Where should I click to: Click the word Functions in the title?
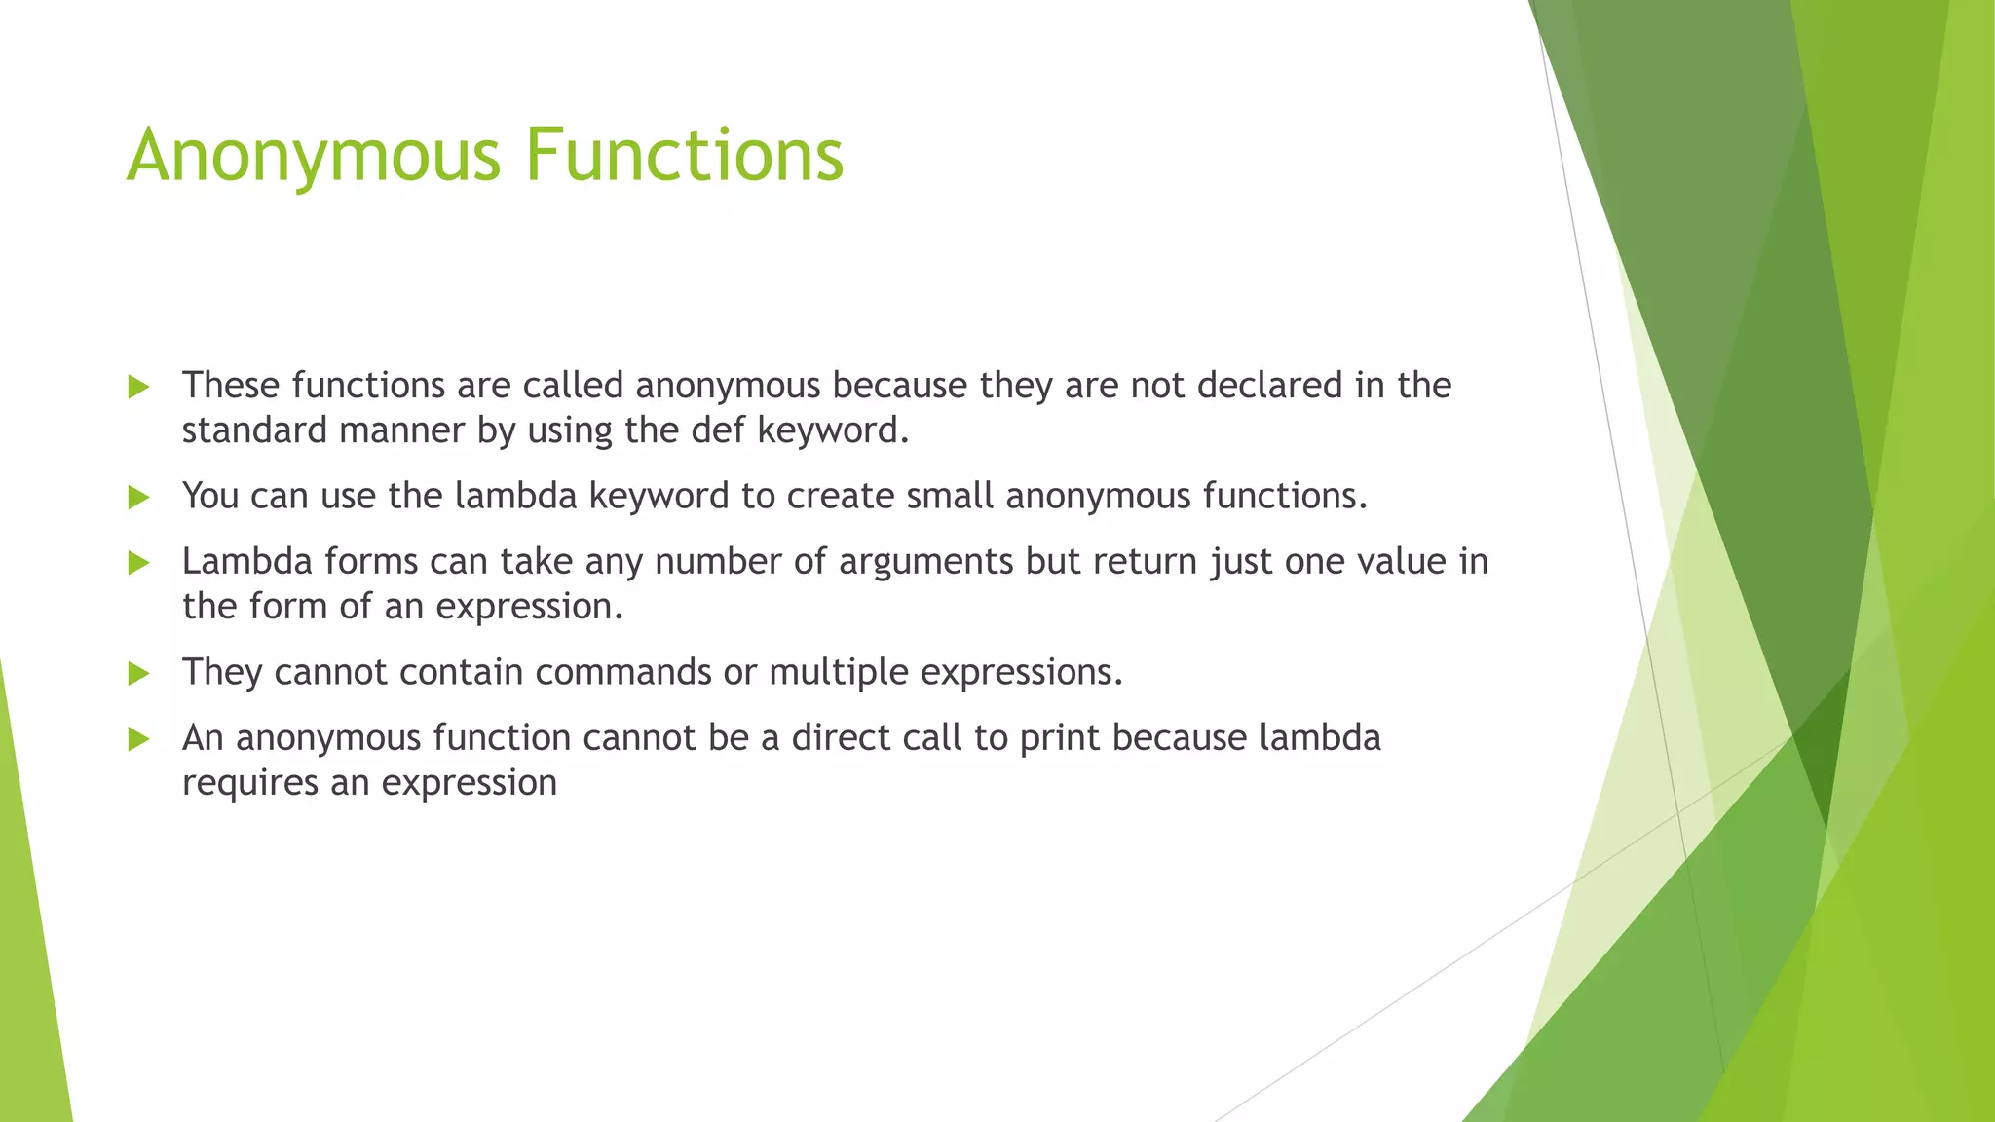click(x=685, y=156)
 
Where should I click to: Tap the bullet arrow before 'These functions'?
click(x=138, y=388)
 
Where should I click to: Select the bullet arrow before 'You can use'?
click(x=138, y=498)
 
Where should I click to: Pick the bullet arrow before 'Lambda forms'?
click(x=138, y=563)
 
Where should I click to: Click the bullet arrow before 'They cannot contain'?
click(x=138, y=674)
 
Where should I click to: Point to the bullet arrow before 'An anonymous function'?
click(x=138, y=739)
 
